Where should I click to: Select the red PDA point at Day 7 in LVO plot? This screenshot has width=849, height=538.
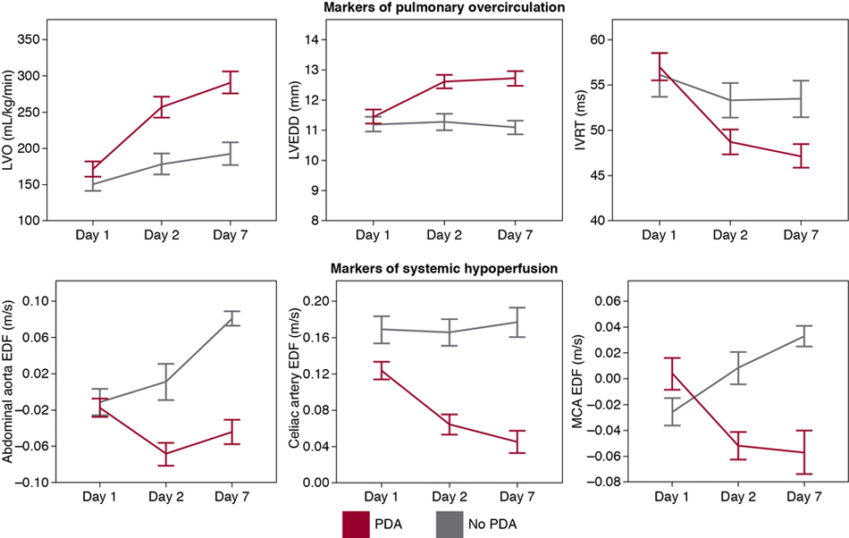pyautogui.click(x=231, y=81)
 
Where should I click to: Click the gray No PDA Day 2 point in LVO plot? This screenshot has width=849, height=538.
pyautogui.click(x=160, y=164)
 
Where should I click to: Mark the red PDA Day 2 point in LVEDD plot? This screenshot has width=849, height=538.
pyautogui.click(x=443, y=81)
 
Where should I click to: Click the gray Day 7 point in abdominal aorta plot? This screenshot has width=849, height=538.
pyautogui.click(x=231, y=318)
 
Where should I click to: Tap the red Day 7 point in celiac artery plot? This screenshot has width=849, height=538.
pyautogui.click(x=515, y=441)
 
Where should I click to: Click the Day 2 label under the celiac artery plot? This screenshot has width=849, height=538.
pyautogui.click(x=443, y=497)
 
